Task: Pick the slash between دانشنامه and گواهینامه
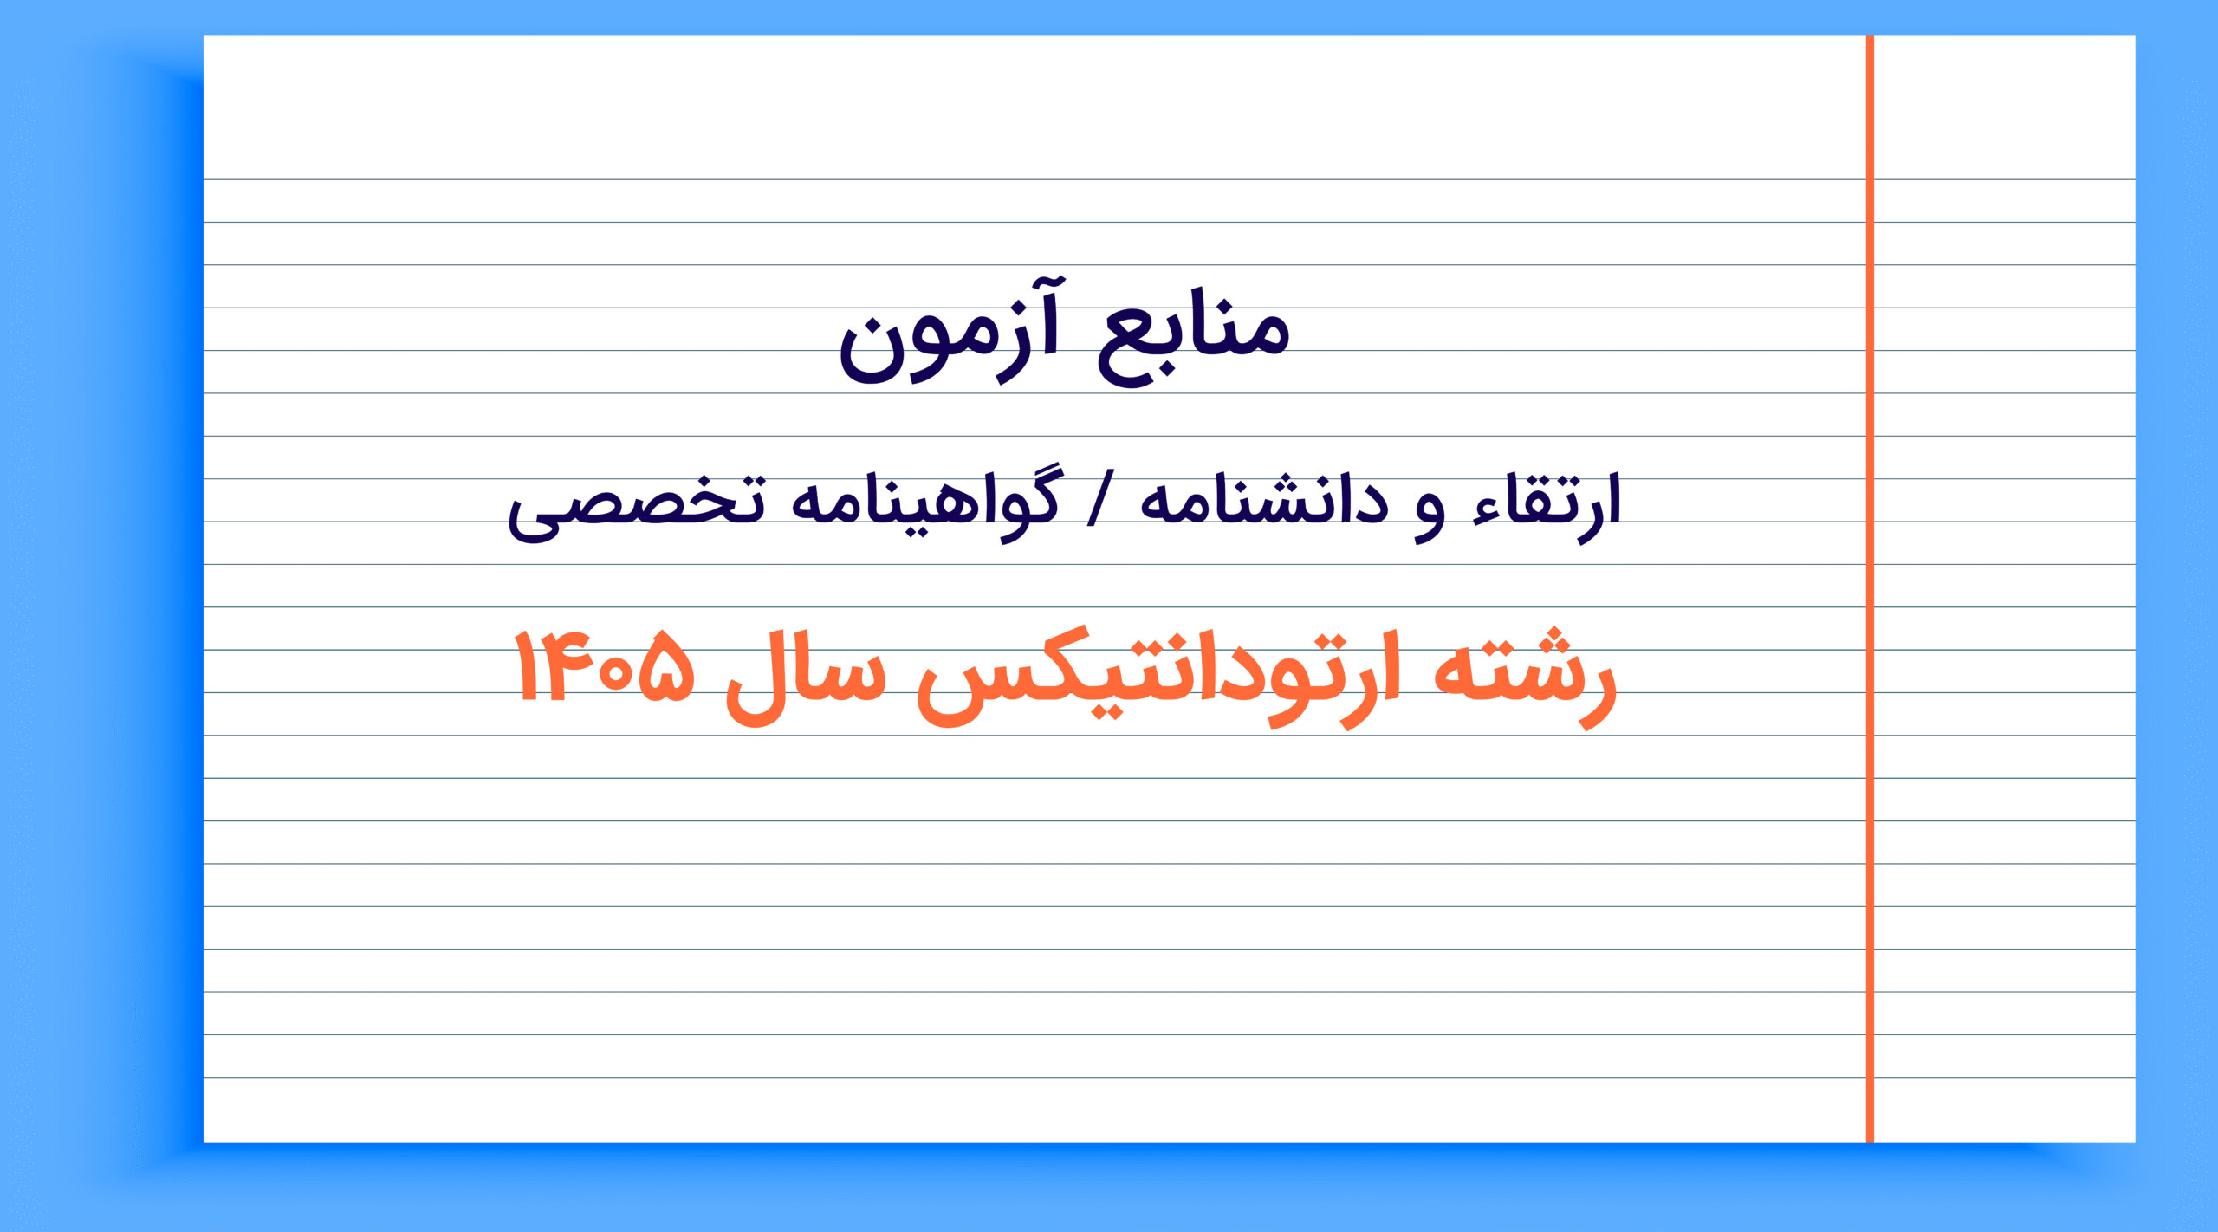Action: [x=1100, y=501]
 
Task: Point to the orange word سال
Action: [x=806, y=679]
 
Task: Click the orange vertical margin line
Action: [x=1870, y=588]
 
